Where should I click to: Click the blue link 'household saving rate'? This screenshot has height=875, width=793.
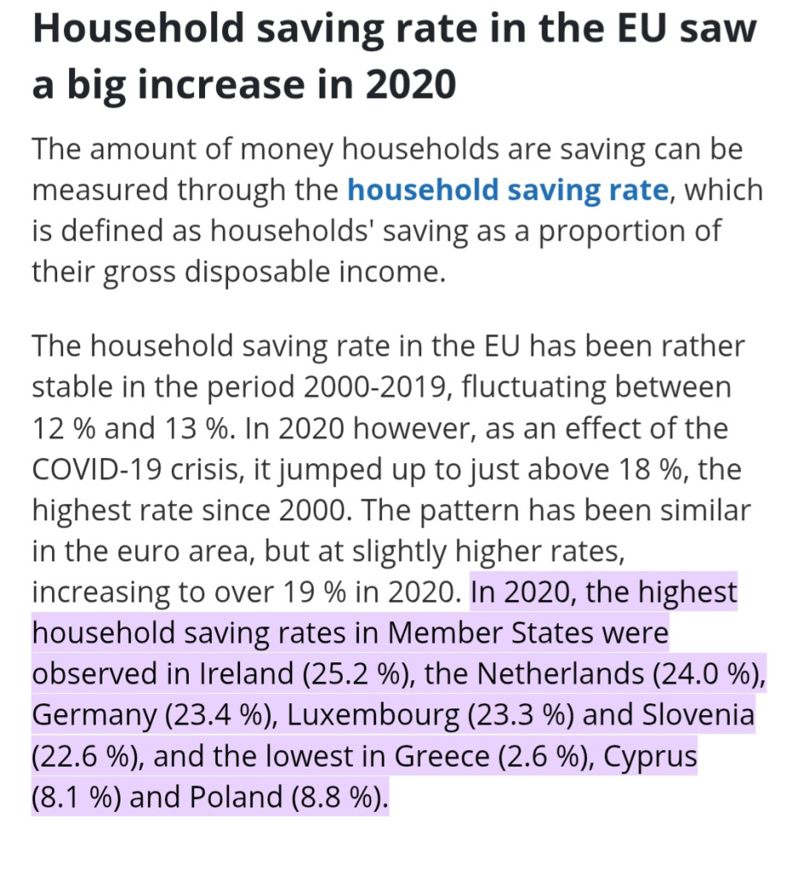[x=507, y=190]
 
